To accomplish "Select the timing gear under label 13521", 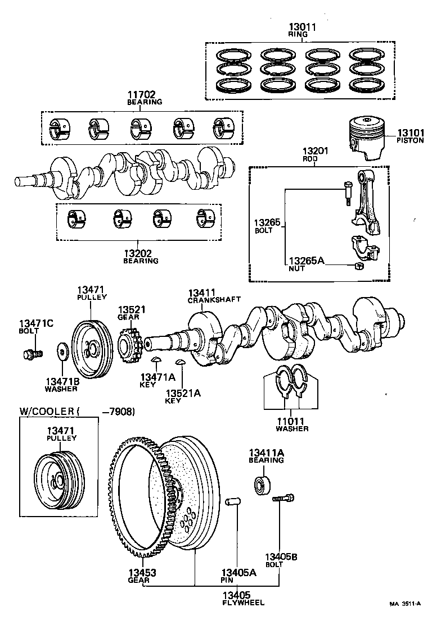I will point(130,346).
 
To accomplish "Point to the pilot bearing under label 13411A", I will point(262,483).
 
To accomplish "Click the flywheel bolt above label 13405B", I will point(283,498).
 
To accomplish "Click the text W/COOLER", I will point(47,412).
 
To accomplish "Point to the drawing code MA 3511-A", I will point(405,604).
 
